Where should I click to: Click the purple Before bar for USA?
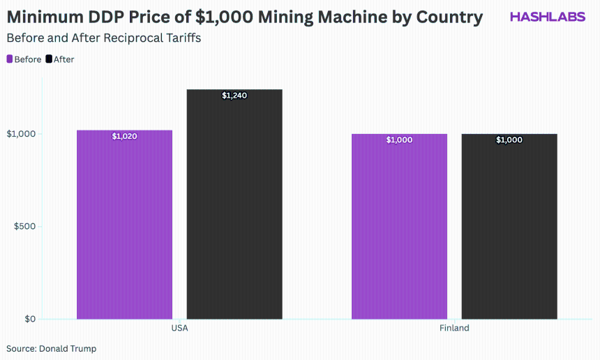[x=124, y=225]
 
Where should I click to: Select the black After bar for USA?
[x=234, y=204]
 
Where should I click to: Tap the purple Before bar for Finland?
[x=399, y=227]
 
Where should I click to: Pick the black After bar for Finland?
[x=509, y=227]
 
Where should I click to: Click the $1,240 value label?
[x=234, y=96]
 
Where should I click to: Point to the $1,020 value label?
[x=124, y=136]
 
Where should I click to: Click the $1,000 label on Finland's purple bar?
[x=399, y=140]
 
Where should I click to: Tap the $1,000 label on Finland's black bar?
[x=509, y=140]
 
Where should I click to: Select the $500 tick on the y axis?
[x=24, y=226]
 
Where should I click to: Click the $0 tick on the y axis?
[x=30, y=319]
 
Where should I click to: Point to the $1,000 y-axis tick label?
[x=21, y=133]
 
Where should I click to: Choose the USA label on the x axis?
[x=179, y=328]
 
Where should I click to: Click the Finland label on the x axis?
[x=454, y=328]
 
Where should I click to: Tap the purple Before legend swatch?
[x=10, y=59]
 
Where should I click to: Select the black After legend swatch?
[x=49, y=59]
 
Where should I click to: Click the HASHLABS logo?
[x=548, y=17]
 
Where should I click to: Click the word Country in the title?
[x=449, y=17]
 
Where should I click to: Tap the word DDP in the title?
[x=108, y=17]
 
